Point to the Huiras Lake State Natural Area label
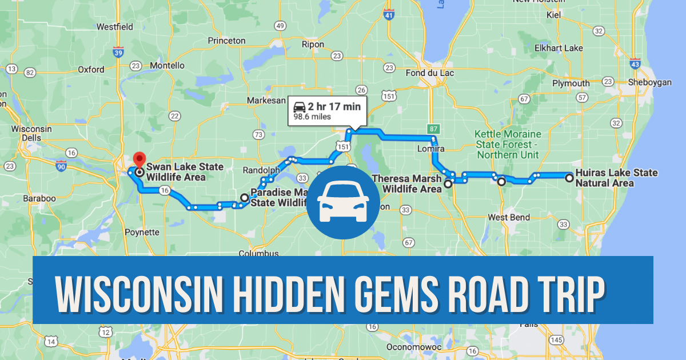pos(616,178)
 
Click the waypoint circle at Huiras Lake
pos(569,178)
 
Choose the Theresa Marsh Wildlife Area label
pos(406,183)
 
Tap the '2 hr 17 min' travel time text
pos(334,106)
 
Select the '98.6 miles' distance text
pos(312,117)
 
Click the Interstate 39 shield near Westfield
pos(118,53)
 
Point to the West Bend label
pos(508,218)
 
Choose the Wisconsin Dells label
pos(32,134)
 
